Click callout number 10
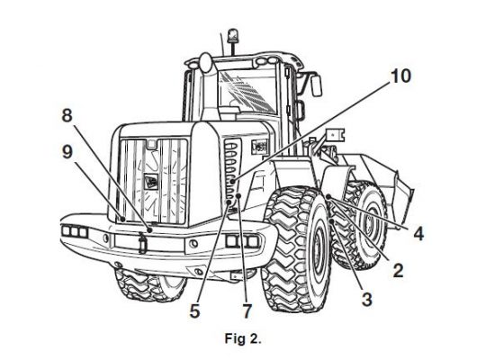[x=400, y=76]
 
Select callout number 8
[x=67, y=115]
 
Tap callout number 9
[x=67, y=152]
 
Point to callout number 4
[x=418, y=234]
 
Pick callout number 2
[x=398, y=271]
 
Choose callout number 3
[x=367, y=299]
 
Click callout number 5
[x=194, y=311]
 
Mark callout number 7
[x=247, y=311]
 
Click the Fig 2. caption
[x=243, y=338]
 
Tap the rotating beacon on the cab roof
[x=233, y=35]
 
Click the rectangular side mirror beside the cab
[x=316, y=85]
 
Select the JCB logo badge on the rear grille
[x=151, y=182]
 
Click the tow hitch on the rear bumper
[x=142, y=242]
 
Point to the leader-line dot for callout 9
[x=122, y=219]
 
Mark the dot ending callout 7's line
[x=238, y=196]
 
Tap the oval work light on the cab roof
[x=205, y=62]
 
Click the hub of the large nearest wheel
[x=319, y=248]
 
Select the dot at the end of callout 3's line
[x=332, y=221]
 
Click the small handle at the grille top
[x=151, y=144]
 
